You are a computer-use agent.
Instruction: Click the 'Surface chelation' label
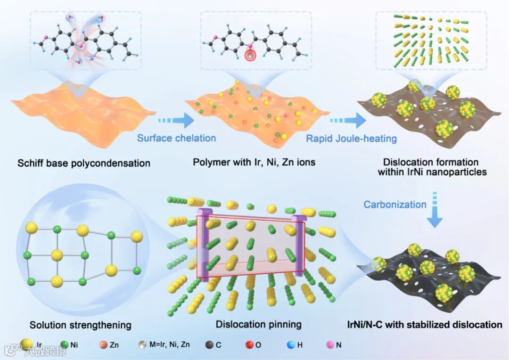pos(176,138)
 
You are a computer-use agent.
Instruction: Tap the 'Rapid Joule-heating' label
pos(351,138)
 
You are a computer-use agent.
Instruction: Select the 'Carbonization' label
pos(395,204)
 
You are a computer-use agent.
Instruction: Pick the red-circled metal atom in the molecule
pos(250,56)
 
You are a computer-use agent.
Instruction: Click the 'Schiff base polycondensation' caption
pos(84,164)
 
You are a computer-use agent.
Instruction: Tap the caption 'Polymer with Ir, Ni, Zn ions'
pos(254,163)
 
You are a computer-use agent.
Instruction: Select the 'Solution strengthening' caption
pos(80,325)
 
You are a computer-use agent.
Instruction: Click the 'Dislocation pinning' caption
pos(258,324)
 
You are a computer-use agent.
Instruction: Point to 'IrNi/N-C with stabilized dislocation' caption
pos(425,324)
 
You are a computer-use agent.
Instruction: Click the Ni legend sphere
pos(65,344)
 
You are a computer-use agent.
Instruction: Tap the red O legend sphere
pos(249,344)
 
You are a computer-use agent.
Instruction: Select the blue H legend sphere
pos(291,344)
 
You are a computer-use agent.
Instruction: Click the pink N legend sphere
pos(329,344)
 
